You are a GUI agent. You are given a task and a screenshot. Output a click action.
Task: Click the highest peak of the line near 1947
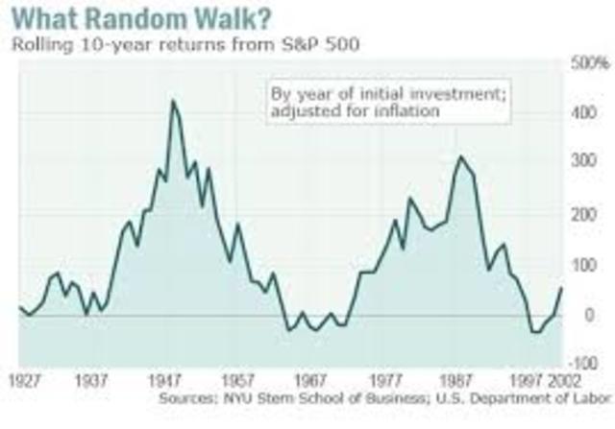(x=173, y=101)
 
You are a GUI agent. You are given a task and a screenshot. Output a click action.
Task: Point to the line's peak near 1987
(x=460, y=157)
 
